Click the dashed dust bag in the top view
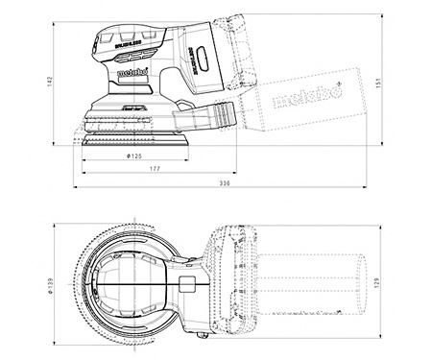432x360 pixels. coord(317,286)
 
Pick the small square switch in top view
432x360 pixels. coord(188,284)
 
